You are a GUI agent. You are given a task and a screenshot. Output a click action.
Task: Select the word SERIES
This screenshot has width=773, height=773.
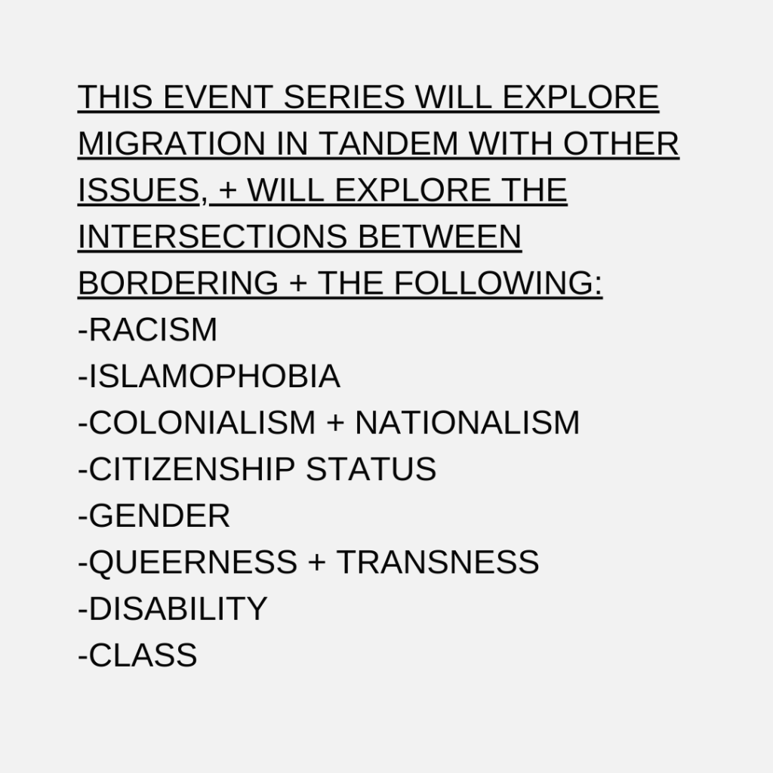344,97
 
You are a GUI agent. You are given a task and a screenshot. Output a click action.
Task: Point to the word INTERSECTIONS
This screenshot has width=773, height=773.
213,236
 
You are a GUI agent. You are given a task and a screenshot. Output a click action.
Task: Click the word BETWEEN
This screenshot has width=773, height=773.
440,236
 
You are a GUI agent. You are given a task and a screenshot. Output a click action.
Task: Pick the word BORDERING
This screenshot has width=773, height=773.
178,283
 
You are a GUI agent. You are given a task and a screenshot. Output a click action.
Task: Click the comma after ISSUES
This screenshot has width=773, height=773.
204,197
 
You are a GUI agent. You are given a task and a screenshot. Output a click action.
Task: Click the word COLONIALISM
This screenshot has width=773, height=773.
202,423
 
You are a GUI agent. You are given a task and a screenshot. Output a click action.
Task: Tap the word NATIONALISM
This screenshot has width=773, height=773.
467,423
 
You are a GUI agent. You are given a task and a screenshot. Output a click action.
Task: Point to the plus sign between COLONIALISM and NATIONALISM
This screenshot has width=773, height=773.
335,423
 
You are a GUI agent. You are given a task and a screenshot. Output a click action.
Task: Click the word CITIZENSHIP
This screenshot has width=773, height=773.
192,469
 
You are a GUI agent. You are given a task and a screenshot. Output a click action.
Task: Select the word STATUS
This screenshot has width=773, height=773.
371,469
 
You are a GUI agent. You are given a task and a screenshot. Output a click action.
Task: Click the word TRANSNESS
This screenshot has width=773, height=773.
439,562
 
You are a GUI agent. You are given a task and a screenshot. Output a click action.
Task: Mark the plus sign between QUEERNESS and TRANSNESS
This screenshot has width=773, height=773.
318,562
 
